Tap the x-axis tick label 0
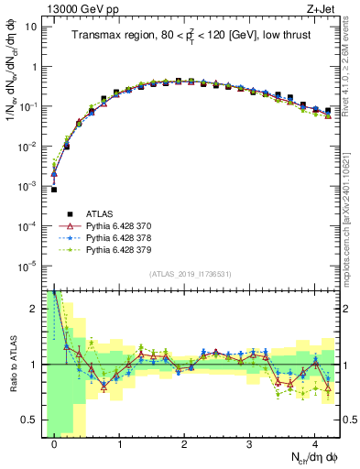[54, 442]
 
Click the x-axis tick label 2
[184, 442]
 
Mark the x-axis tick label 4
[314, 442]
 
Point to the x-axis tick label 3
[249, 442]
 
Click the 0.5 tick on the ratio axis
[32, 420]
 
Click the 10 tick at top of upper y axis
[30, 27]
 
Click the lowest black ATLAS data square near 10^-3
[54, 190]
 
